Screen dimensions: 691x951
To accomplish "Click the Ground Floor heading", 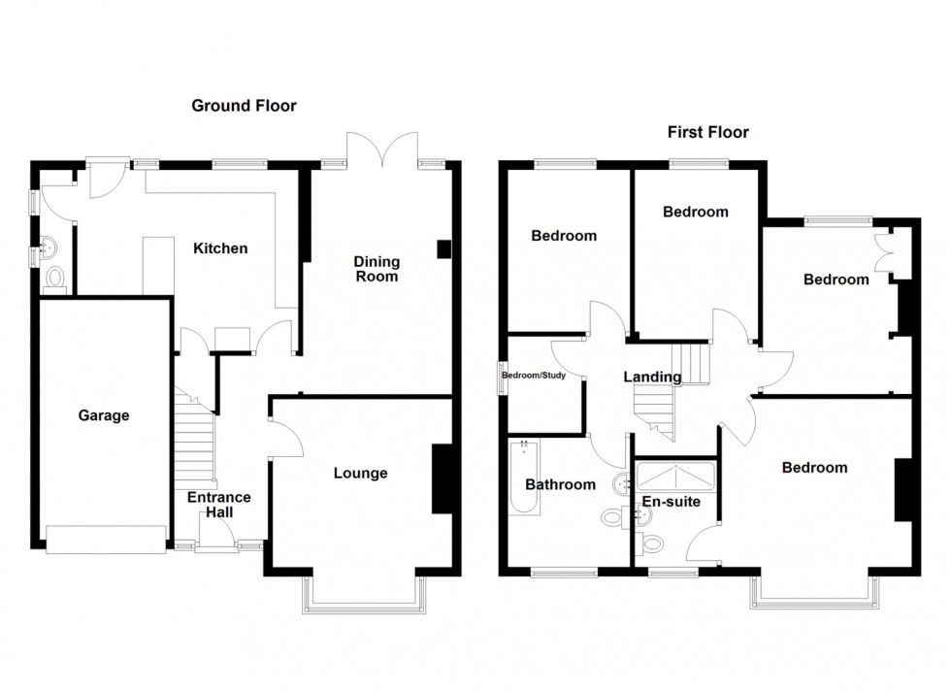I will (x=244, y=106).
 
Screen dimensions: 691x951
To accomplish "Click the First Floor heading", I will (x=707, y=132).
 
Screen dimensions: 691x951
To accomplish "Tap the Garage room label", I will (x=104, y=415).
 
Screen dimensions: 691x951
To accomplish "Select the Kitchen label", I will (x=219, y=248).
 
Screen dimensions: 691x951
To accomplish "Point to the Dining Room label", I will (x=376, y=269).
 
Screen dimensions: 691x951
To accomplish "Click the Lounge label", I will (x=360, y=474).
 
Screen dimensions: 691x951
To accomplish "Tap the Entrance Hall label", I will (x=218, y=506).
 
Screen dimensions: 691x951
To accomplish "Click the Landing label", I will (x=652, y=378).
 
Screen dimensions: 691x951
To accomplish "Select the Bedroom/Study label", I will (x=541, y=375).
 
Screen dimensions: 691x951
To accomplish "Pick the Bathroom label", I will (x=560, y=484).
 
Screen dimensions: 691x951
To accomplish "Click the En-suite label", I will (x=671, y=502).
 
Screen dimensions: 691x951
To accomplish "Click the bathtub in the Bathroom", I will (x=523, y=480).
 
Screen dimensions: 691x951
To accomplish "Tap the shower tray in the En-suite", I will (x=674, y=476).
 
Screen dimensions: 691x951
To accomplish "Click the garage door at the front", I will (x=106, y=540).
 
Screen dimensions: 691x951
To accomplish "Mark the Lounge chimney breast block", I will (x=442, y=477).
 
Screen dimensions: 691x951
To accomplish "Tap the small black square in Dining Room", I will (x=444, y=248).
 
